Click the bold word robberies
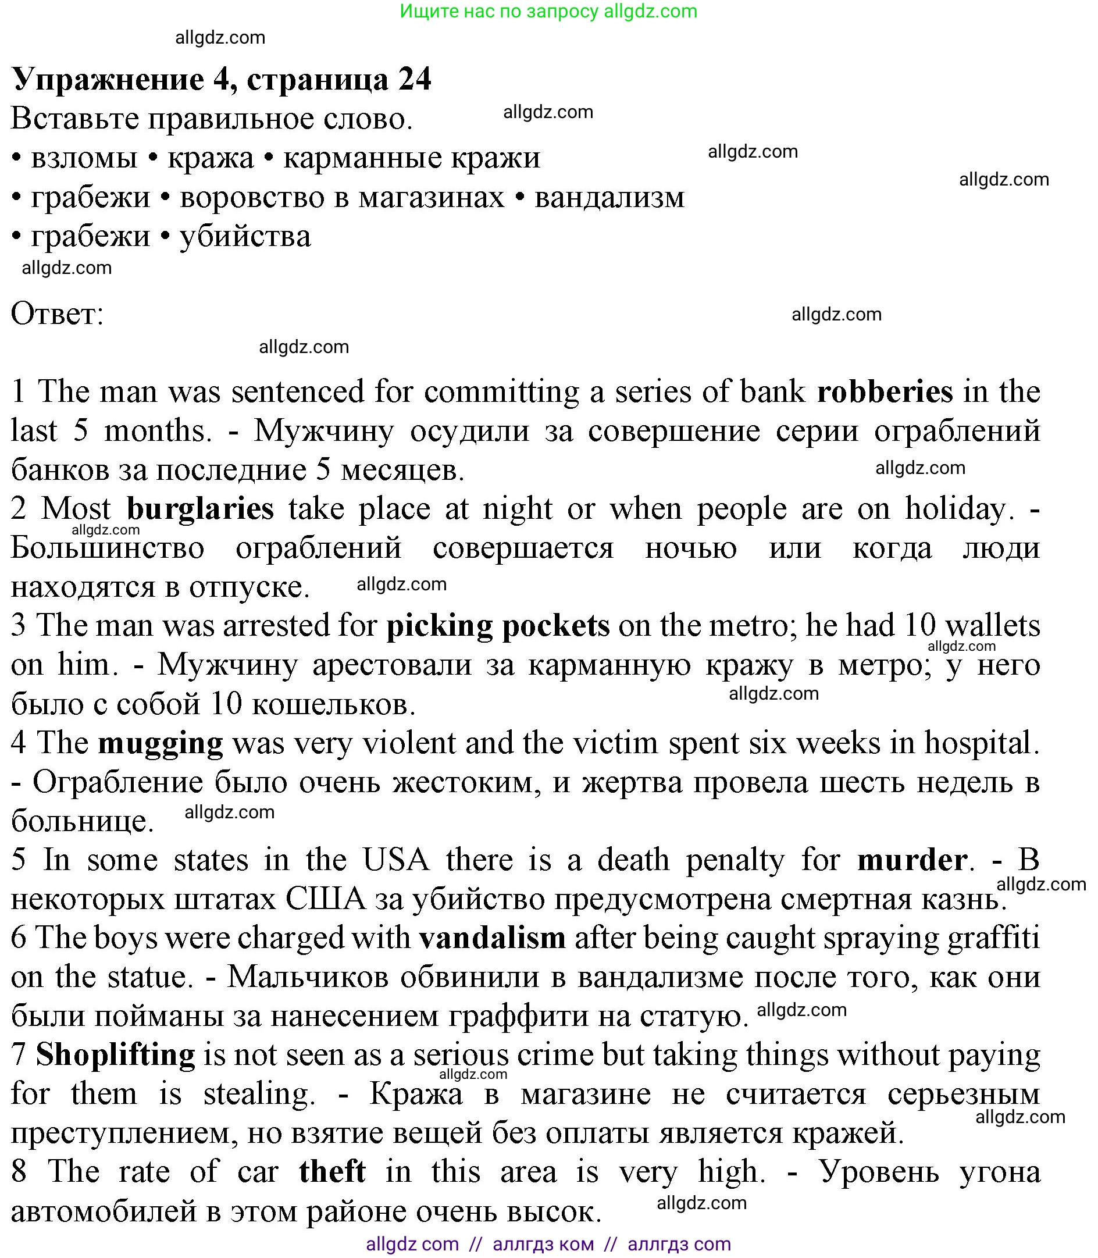(x=884, y=391)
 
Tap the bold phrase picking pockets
(x=498, y=626)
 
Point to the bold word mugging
(x=161, y=743)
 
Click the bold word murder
(x=912, y=860)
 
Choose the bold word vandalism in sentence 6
(x=492, y=938)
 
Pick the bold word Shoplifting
(x=115, y=1055)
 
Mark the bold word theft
(x=332, y=1171)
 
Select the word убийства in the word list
(x=245, y=236)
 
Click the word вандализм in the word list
(x=609, y=197)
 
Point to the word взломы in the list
(x=84, y=158)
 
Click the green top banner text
(x=548, y=11)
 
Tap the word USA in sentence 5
(x=396, y=860)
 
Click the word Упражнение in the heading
(x=107, y=79)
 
